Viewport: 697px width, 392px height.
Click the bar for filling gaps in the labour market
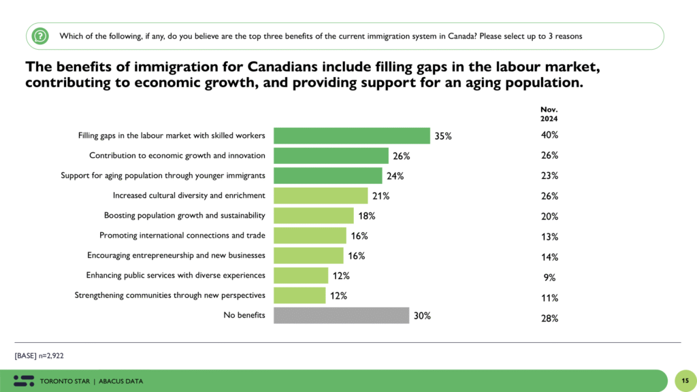click(351, 135)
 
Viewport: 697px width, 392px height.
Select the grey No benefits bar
click(341, 315)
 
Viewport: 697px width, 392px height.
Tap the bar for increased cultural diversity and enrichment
click(321, 196)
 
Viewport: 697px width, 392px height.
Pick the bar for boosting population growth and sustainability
click(313, 216)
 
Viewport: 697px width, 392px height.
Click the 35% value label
click(443, 136)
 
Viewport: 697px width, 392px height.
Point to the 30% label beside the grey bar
click(422, 316)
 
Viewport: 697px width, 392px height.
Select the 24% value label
click(395, 176)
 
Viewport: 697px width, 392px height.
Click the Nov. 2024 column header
click(549, 114)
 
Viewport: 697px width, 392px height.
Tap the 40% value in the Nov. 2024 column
click(550, 135)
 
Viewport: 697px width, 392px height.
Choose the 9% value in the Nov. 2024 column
click(550, 277)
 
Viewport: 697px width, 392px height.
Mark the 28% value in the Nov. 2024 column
click(550, 318)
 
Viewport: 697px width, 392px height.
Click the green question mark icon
click(41, 35)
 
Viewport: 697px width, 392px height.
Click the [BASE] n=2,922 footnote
click(39, 355)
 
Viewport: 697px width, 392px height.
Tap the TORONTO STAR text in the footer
click(65, 381)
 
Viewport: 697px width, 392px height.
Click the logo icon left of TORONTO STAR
click(24, 380)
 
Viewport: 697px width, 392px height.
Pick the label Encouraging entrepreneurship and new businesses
click(176, 256)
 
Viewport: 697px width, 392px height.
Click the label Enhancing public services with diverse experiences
click(176, 276)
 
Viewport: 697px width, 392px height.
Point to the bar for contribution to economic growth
click(331, 156)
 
